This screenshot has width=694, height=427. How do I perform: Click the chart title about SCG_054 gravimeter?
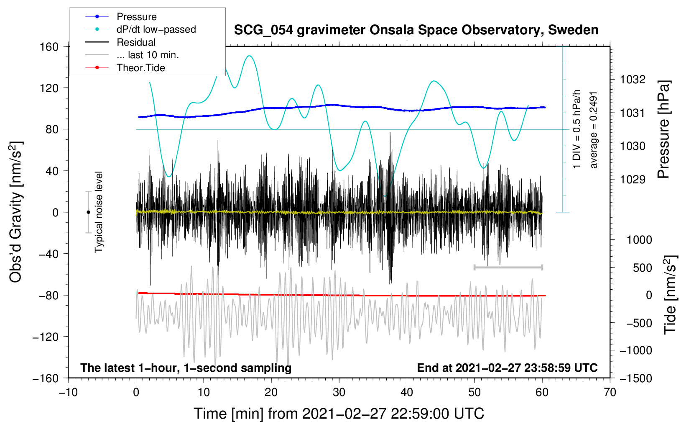tap(416, 30)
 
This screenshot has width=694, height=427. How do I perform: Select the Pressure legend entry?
tap(136, 17)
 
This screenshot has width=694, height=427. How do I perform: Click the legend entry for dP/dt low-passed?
tap(156, 29)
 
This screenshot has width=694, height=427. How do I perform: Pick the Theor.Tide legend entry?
tap(140, 68)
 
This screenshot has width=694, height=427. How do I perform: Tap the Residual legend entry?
tap(136, 42)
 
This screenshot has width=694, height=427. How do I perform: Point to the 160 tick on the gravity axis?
tap(49, 46)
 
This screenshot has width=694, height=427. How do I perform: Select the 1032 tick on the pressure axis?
tap(633, 80)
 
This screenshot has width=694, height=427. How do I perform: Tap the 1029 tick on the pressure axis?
tap(633, 180)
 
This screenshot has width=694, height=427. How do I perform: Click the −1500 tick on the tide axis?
tap(635, 378)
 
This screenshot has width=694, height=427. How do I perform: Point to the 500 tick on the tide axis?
tap(642, 268)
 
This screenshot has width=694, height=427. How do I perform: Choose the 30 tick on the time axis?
tap(339, 392)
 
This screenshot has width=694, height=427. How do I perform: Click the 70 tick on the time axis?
tap(610, 392)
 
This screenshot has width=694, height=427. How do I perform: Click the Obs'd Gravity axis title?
tap(15, 212)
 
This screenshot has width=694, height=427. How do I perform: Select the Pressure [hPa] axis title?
tap(663, 130)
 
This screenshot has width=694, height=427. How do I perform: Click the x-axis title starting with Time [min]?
tap(339, 414)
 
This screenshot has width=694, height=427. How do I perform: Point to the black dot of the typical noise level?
tap(88, 212)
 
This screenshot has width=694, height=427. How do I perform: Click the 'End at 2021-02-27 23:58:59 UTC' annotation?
tap(507, 368)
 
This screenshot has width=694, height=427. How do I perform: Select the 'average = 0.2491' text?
tap(594, 130)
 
